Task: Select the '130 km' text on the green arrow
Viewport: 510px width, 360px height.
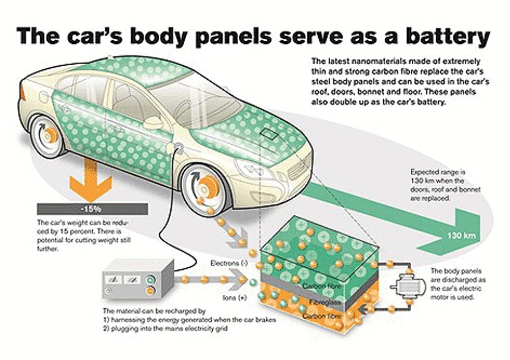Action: click(461, 235)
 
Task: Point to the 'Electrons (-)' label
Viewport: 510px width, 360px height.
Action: click(229, 263)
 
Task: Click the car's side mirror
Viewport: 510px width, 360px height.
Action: click(153, 123)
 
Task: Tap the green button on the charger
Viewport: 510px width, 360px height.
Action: click(150, 280)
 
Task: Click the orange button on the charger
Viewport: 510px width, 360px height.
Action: click(150, 291)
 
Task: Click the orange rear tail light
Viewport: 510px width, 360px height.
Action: click(22, 93)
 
